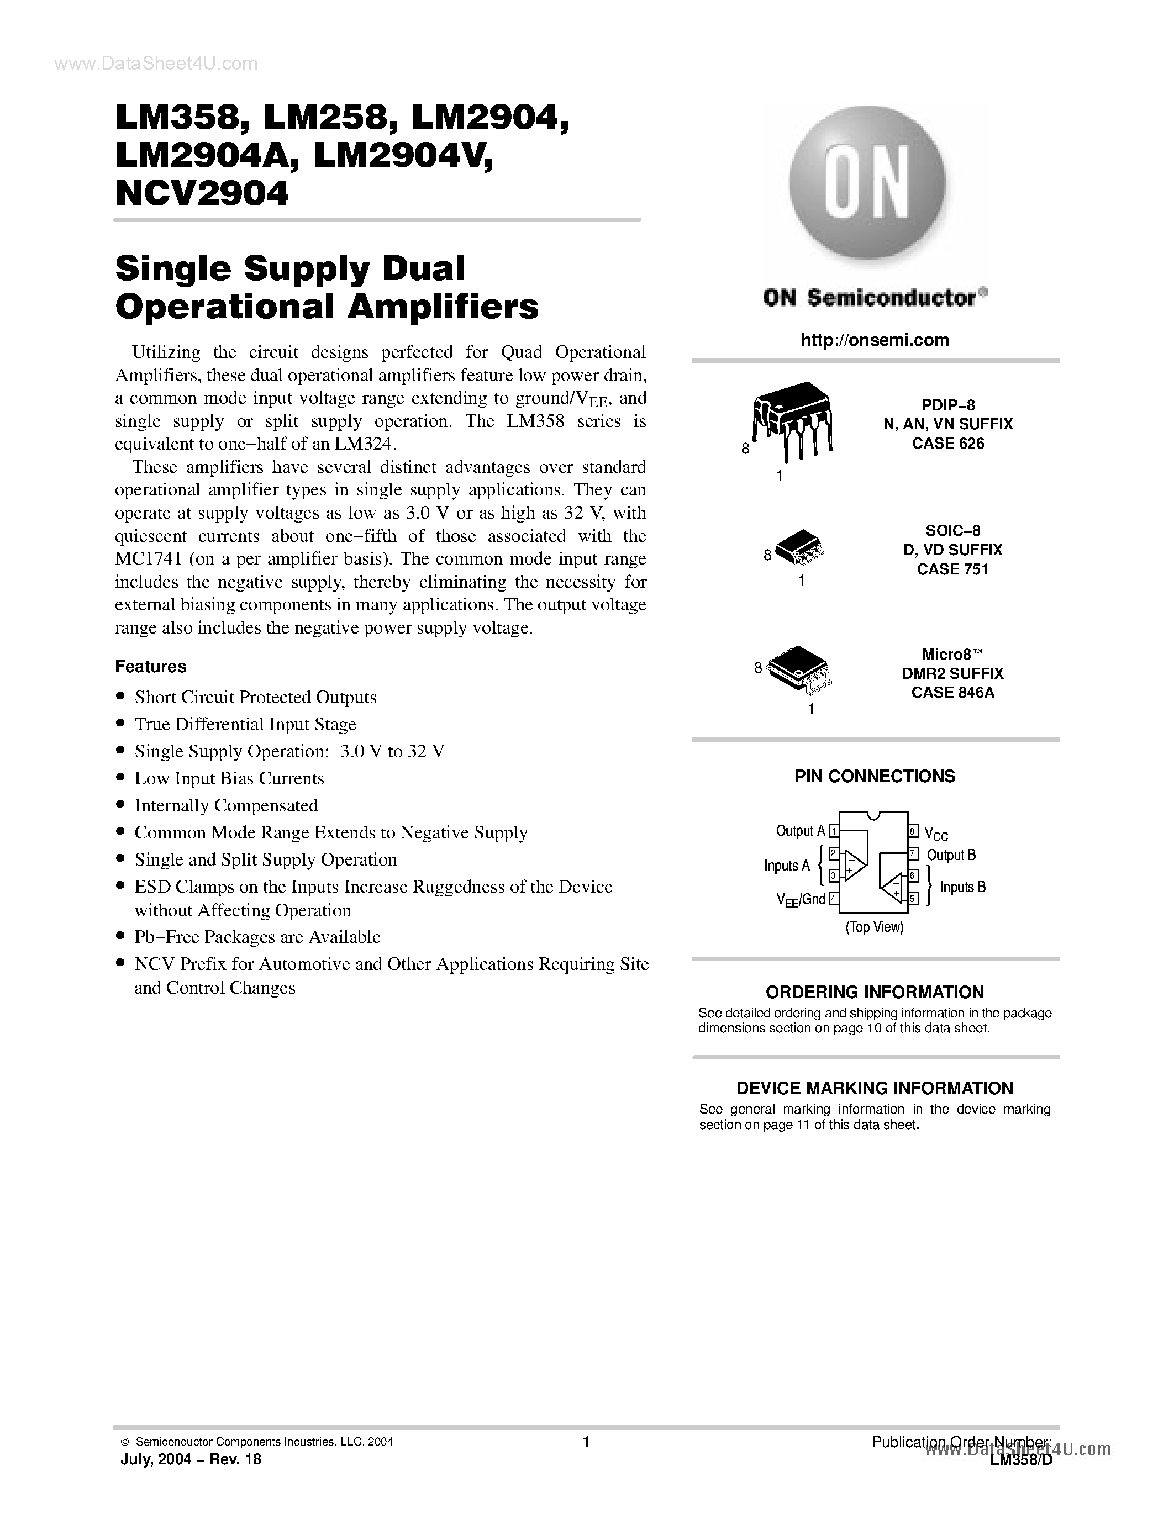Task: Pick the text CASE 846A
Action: pos(952,693)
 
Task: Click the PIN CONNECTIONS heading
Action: pos(874,776)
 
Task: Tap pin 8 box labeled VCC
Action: pos(913,830)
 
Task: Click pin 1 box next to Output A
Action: pos(833,830)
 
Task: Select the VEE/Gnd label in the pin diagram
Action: pos(800,899)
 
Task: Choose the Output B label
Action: pos(951,855)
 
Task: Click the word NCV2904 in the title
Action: pos(202,194)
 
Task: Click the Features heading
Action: pos(151,666)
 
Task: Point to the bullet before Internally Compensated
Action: pos(121,805)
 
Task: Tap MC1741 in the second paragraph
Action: pos(147,559)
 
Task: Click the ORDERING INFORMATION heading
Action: pos(874,992)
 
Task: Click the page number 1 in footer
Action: pos(586,1442)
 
